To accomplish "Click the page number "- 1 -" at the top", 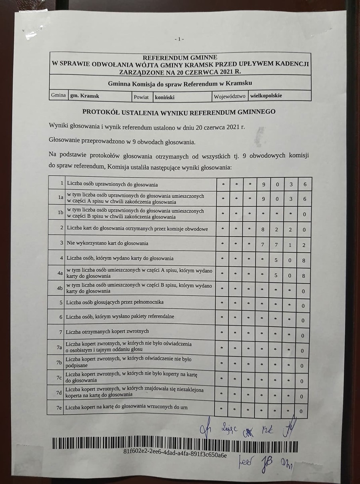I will (179, 39).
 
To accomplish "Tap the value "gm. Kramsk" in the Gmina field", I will (85, 96).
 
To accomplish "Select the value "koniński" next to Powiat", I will (164, 97).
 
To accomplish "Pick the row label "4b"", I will (60, 288).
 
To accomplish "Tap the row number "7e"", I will (59, 408).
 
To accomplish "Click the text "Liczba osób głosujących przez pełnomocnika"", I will (115, 301).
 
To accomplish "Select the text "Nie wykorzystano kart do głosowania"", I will (108, 243).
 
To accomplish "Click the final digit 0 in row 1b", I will (304, 215).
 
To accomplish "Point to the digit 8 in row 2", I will (263, 229).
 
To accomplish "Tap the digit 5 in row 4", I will (276, 260).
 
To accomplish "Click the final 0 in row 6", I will (303, 321).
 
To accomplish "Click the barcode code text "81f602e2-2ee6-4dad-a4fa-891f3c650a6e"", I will (176, 455).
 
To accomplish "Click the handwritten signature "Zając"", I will (229, 430).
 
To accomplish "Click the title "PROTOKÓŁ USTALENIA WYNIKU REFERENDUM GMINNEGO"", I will (179, 112).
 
